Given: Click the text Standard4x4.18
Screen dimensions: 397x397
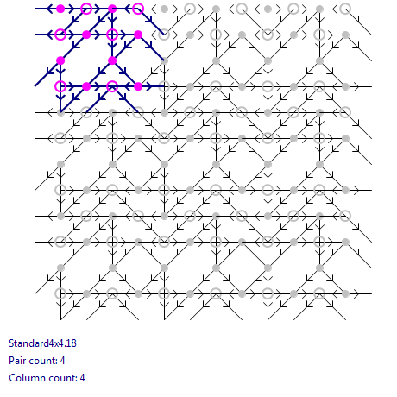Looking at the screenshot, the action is point(42,343).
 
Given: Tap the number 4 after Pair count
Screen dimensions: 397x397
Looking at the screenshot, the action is point(62,361).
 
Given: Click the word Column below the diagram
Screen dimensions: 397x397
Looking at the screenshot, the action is point(24,378).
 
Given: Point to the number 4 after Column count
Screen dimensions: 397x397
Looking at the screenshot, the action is point(82,378).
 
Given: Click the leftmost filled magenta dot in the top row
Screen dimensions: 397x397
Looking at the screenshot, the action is point(60,9).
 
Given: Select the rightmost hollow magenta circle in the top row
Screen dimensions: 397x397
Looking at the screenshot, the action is point(138,9).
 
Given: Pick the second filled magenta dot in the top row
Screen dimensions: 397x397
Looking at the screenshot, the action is point(112,9).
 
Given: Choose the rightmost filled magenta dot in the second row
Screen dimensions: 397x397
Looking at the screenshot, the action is point(138,35).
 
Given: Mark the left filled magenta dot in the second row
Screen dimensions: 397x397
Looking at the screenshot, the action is point(86,35).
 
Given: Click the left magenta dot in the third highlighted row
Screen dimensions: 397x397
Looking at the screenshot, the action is point(60,60).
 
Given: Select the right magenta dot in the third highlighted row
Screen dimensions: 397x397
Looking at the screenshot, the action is point(112,60).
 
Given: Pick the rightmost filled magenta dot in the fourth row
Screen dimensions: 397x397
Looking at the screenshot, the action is point(138,86).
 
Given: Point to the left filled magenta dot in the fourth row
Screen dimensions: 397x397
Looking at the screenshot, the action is point(86,86).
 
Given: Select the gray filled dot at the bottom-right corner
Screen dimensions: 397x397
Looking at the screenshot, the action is point(345,293).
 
